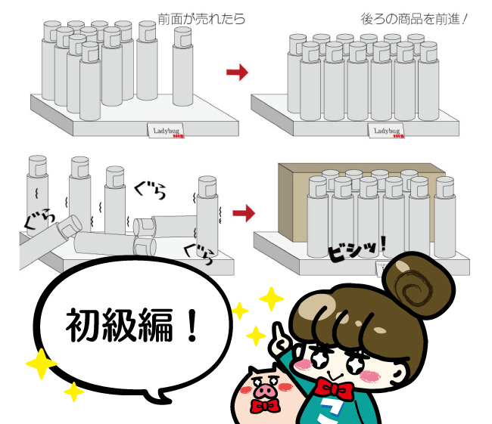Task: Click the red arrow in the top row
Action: pyautogui.click(x=238, y=72)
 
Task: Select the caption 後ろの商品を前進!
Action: pyautogui.click(x=413, y=18)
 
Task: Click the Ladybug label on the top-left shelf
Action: pyautogui.click(x=164, y=130)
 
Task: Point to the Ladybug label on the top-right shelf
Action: pyautogui.click(x=387, y=131)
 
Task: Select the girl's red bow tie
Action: pyautogui.click(x=334, y=388)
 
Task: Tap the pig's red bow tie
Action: pyautogui.click(x=266, y=407)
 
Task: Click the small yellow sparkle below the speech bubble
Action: pyautogui.click(x=73, y=392)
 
